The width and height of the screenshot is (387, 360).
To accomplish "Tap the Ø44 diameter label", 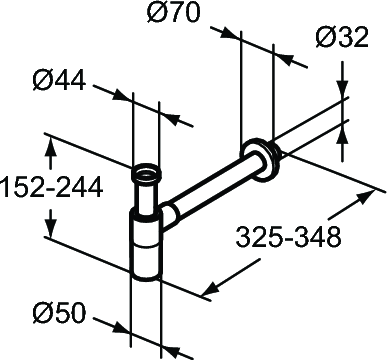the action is pos(59,80).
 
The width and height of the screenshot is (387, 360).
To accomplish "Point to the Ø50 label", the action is pos(59,313).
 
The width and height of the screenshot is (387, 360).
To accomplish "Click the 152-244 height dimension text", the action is pos(51,187).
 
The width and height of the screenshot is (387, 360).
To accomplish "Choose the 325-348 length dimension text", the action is pos(289,237).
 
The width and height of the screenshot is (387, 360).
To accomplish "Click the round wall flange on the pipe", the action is pos(261,158).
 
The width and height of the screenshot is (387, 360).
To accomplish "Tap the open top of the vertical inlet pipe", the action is pos(146,173).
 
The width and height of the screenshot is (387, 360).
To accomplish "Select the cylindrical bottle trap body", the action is pos(146,243).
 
